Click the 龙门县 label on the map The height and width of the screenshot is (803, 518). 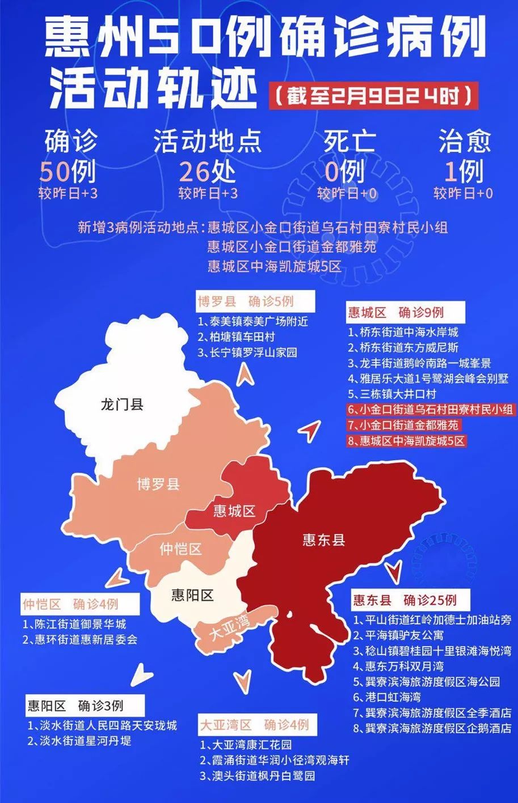coord(121,405)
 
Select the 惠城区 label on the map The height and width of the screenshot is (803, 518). coord(234,511)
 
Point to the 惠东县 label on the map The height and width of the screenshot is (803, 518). coord(323,539)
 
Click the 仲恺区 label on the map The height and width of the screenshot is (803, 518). coord(180,549)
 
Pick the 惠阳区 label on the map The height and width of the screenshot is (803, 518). coord(192,595)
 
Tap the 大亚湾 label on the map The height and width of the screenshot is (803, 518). coord(229,629)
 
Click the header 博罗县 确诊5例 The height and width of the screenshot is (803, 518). coord(246,300)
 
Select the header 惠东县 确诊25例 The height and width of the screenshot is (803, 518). coord(405,600)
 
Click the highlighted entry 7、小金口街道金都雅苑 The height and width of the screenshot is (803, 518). coord(403,424)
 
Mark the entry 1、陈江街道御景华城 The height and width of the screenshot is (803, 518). coord(74,624)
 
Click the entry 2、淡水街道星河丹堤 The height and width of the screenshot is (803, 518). coord(79,741)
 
